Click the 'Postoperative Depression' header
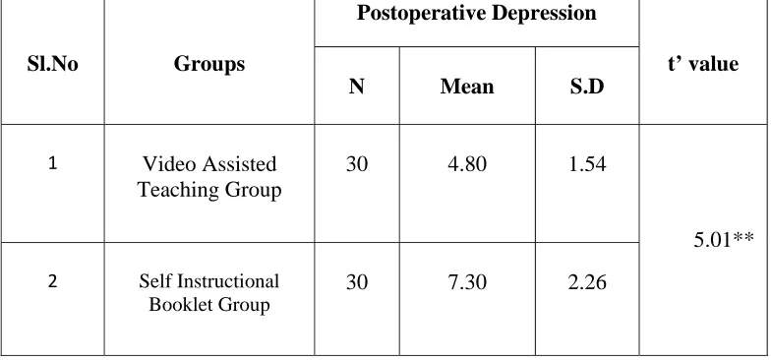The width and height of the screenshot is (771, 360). [476, 14]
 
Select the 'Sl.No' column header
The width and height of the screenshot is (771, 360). [53, 64]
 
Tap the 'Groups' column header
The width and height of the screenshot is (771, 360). [208, 64]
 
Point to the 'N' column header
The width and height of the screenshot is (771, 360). [356, 87]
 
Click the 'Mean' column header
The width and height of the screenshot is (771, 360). [467, 87]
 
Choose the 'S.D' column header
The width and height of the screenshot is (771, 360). [587, 87]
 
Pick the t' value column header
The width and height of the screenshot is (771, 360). [703, 64]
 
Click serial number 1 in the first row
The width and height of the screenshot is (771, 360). [53, 163]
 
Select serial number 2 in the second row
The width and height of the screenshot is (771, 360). [53, 281]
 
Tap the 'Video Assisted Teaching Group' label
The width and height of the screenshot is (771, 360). [209, 177]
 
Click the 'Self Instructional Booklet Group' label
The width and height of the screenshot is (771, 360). [208, 293]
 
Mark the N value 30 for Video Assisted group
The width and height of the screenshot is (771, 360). [356, 163]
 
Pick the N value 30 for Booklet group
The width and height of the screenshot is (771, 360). [356, 282]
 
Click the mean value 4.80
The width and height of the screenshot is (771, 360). [467, 163]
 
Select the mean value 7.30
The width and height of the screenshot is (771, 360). [467, 282]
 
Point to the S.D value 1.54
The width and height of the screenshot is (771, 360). [587, 163]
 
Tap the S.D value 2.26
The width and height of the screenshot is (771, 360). [587, 282]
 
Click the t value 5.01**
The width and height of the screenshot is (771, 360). [724, 240]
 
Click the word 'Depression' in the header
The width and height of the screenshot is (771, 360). [544, 14]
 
